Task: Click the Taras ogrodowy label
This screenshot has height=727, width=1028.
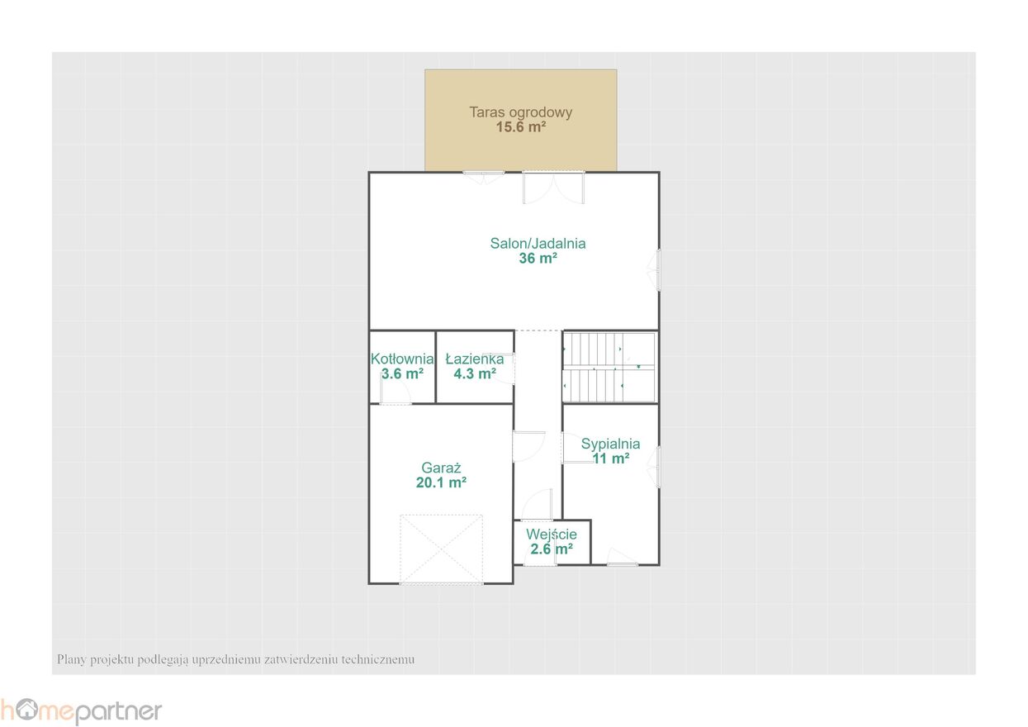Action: [x=520, y=112]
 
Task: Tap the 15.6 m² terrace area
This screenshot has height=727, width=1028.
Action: [x=521, y=127]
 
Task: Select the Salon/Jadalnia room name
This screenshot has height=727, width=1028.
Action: [x=538, y=244]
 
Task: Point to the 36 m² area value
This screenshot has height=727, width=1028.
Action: [x=538, y=258]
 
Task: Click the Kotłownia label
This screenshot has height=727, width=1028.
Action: [x=402, y=359]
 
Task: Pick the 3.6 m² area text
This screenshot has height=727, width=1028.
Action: [x=402, y=374]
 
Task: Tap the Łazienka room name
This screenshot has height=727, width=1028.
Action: [x=475, y=359]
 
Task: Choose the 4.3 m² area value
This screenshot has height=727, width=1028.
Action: [x=475, y=374]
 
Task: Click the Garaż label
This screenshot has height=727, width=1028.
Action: [x=441, y=468]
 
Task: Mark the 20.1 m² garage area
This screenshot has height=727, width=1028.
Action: [x=441, y=482]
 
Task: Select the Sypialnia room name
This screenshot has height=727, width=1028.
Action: [x=610, y=444]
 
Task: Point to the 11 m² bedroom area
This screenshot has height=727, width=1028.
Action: [x=610, y=459]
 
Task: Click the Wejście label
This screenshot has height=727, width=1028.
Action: [x=552, y=535]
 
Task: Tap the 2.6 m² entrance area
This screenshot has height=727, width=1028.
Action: [x=552, y=549]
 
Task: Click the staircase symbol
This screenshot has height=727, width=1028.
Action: [x=609, y=368]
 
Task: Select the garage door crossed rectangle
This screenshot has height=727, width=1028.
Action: [x=441, y=549]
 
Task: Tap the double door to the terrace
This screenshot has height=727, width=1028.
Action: [x=553, y=188]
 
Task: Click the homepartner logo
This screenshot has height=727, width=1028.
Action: [x=81, y=711]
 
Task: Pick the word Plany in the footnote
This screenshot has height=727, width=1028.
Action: [x=71, y=659]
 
